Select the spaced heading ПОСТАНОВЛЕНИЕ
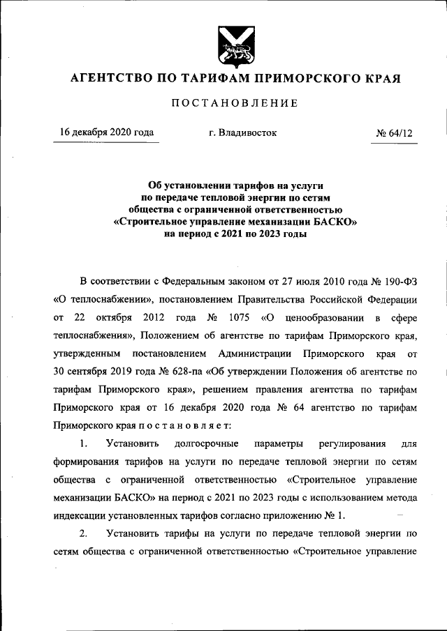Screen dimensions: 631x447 (x=234, y=103)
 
